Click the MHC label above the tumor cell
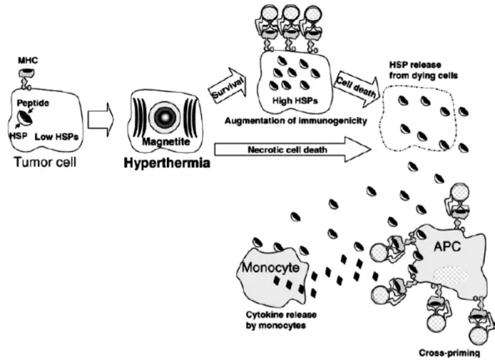(28, 60)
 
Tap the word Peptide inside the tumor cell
(33, 104)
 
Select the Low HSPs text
(57, 137)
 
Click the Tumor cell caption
(45, 162)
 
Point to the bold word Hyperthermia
(167, 163)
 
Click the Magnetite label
(166, 141)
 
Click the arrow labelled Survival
(228, 85)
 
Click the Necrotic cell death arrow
(293, 150)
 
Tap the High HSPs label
(295, 101)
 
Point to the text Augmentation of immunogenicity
(295, 120)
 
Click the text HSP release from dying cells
(423, 70)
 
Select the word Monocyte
(270, 268)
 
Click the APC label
(447, 246)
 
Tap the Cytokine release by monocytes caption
(281, 320)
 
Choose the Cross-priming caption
(449, 352)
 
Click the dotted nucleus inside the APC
(450, 276)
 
